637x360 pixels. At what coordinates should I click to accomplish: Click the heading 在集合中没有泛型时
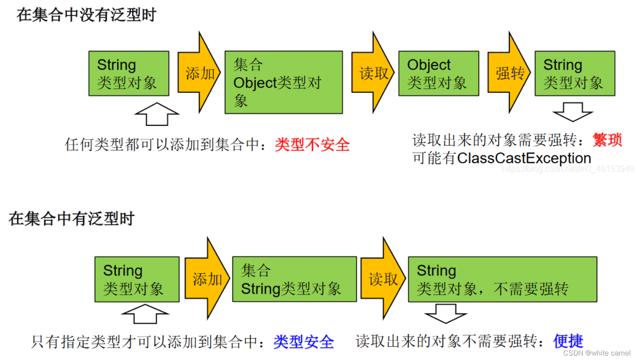(x=86, y=15)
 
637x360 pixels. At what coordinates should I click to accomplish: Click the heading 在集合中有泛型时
(x=71, y=219)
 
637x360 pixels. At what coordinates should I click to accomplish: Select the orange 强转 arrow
(x=509, y=73)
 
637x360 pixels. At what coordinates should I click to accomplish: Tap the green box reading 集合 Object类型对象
(x=283, y=82)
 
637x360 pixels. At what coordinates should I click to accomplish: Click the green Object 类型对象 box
(x=438, y=73)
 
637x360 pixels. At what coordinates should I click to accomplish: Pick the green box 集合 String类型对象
(x=294, y=279)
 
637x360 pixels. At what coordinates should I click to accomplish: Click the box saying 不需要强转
(x=502, y=279)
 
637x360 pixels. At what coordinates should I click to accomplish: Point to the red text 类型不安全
(x=312, y=145)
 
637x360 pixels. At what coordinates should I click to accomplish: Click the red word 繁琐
(x=607, y=140)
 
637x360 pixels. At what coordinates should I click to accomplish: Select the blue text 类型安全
(x=304, y=342)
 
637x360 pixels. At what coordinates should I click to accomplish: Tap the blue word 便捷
(x=568, y=341)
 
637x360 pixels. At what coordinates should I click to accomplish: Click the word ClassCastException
(x=524, y=158)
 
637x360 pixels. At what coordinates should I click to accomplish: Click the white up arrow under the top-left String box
(x=156, y=114)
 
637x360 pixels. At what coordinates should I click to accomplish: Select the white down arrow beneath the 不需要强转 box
(x=446, y=313)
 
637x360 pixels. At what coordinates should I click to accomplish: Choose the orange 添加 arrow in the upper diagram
(x=199, y=73)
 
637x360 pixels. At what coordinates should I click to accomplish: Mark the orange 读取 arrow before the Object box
(x=373, y=73)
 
